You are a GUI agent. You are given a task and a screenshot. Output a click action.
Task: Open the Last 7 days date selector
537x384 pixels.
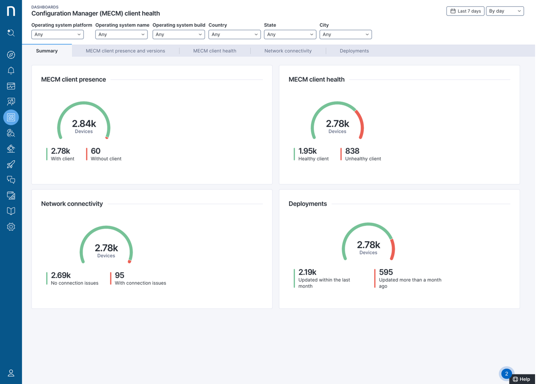click(x=465, y=11)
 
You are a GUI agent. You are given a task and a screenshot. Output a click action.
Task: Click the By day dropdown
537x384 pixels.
click(x=504, y=11)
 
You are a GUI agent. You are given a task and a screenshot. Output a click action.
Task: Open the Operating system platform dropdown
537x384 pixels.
click(x=57, y=35)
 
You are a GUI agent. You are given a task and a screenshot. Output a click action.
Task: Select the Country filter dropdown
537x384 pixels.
click(x=234, y=35)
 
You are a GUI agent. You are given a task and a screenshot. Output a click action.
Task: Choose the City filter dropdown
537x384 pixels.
click(x=345, y=35)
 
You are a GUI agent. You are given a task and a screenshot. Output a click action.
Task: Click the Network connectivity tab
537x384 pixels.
click(x=288, y=51)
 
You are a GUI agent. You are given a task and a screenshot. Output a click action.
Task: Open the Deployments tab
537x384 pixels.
click(x=354, y=51)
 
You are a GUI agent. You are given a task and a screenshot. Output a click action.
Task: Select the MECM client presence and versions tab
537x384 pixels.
click(x=125, y=51)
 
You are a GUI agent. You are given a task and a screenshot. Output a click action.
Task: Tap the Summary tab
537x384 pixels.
click(x=47, y=51)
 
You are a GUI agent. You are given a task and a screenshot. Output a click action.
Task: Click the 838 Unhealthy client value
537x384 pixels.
click(x=352, y=151)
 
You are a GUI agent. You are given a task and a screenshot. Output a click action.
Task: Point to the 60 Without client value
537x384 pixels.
click(x=95, y=151)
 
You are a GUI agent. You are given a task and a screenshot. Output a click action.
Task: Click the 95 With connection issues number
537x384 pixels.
click(x=120, y=275)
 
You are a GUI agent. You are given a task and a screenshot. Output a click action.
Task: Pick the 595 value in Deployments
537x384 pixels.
click(x=386, y=272)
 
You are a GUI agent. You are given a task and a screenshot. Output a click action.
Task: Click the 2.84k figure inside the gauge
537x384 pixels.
click(x=84, y=124)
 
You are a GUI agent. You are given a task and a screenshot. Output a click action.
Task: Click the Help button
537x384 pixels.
click(x=522, y=379)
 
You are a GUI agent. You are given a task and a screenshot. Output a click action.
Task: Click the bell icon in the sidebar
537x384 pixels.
click(x=11, y=71)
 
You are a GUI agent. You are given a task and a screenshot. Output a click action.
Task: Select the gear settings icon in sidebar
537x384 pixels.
click(x=11, y=227)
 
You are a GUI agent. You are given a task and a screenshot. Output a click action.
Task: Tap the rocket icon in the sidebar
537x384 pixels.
click(x=11, y=164)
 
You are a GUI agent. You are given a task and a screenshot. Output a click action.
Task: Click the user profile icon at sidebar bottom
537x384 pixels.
click(x=11, y=373)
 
